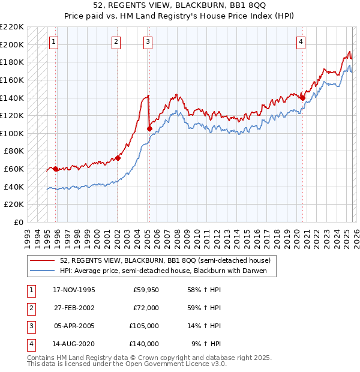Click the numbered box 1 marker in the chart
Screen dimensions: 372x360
(x=54, y=41)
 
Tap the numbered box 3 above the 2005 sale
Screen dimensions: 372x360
(x=148, y=41)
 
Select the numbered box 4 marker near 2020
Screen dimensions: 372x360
(x=301, y=41)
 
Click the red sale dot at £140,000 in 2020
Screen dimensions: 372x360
(x=302, y=98)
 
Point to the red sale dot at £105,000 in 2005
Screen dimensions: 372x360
(x=149, y=128)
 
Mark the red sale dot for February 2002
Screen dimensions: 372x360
(x=118, y=158)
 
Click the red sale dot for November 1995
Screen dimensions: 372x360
(x=56, y=169)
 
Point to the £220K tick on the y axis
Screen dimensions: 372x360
(x=13, y=27)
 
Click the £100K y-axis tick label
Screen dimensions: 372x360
(x=13, y=133)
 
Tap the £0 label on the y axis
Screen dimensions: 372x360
(x=19, y=222)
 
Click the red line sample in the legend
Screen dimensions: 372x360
(x=43, y=260)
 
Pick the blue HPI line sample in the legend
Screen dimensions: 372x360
(x=43, y=271)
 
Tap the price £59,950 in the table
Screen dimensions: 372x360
(x=146, y=290)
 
